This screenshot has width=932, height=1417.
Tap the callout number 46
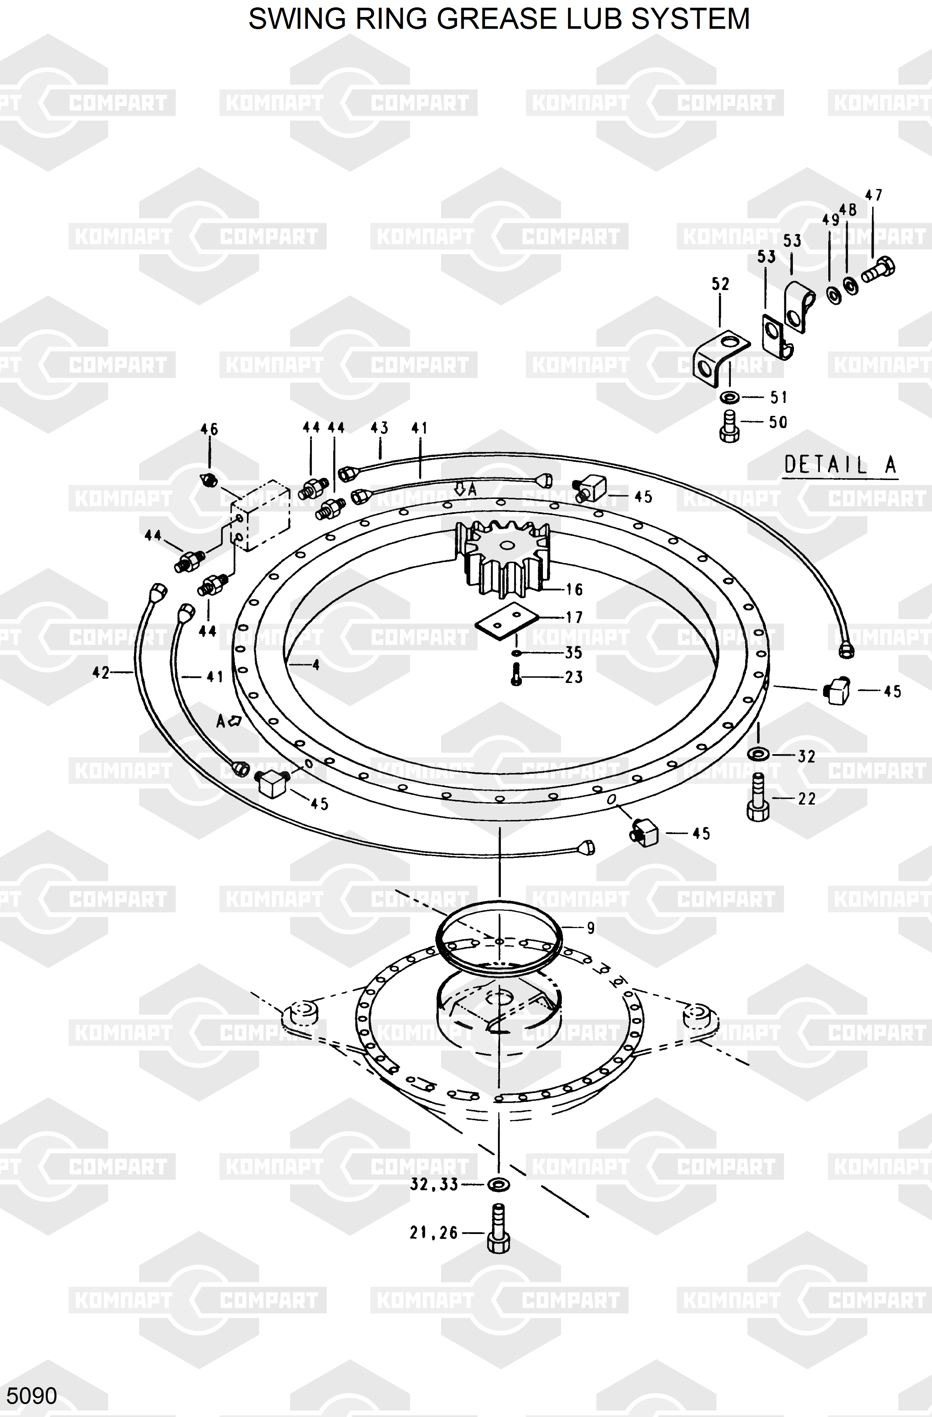click(x=209, y=429)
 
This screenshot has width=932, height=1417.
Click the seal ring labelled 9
click(x=500, y=938)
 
